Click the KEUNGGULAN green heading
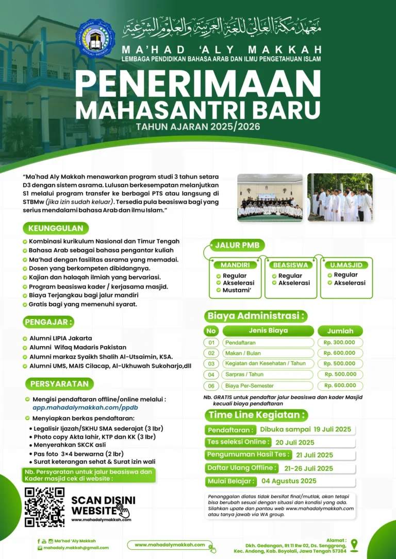pos(56,228)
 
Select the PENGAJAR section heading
pos(48,322)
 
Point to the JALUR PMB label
pos(237,245)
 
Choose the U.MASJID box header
pos(346,265)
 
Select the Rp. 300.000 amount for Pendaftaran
pos(339,342)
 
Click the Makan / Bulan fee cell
pos(268,353)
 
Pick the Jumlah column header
pos(340,331)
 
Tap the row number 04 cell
pos(211,375)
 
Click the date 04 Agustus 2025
pos(289,481)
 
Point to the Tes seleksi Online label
pos(238,442)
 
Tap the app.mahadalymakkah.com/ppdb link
pos(85,407)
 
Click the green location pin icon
pos(354,545)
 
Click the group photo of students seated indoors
pos(270,198)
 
